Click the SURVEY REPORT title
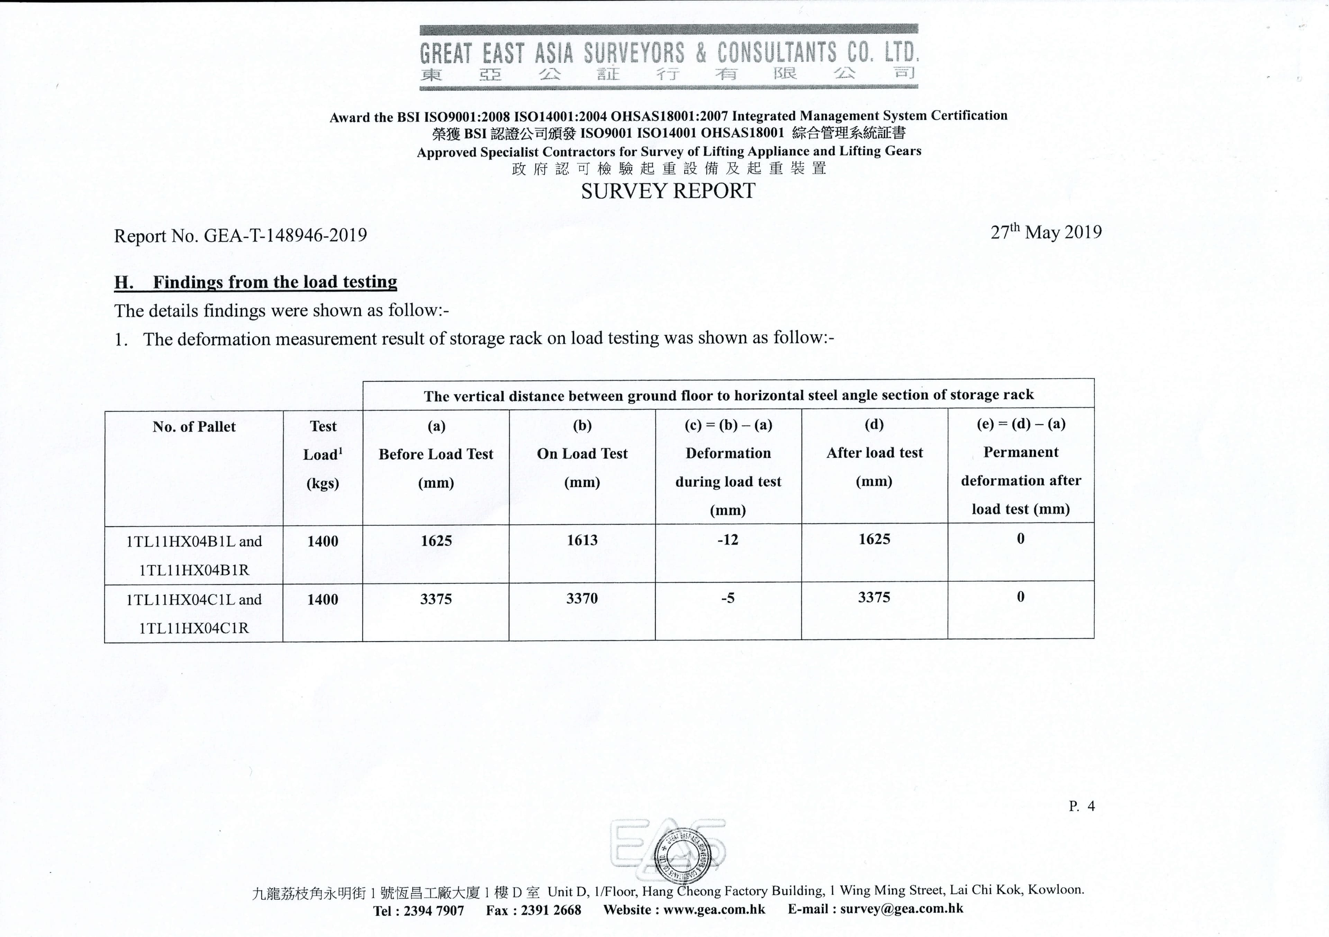click(668, 191)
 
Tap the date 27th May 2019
click(1045, 232)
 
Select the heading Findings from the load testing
click(275, 282)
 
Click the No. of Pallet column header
click(194, 427)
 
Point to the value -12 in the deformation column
click(727, 540)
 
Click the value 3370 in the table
click(582, 599)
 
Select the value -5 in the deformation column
click(727, 598)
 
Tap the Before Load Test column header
click(436, 454)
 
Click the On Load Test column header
click(582, 454)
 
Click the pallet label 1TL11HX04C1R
click(194, 628)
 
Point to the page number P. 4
click(1081, 806)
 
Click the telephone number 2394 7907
click(434, 910)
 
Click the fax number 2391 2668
click(551, 910)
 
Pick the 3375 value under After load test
click(874, 597)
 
